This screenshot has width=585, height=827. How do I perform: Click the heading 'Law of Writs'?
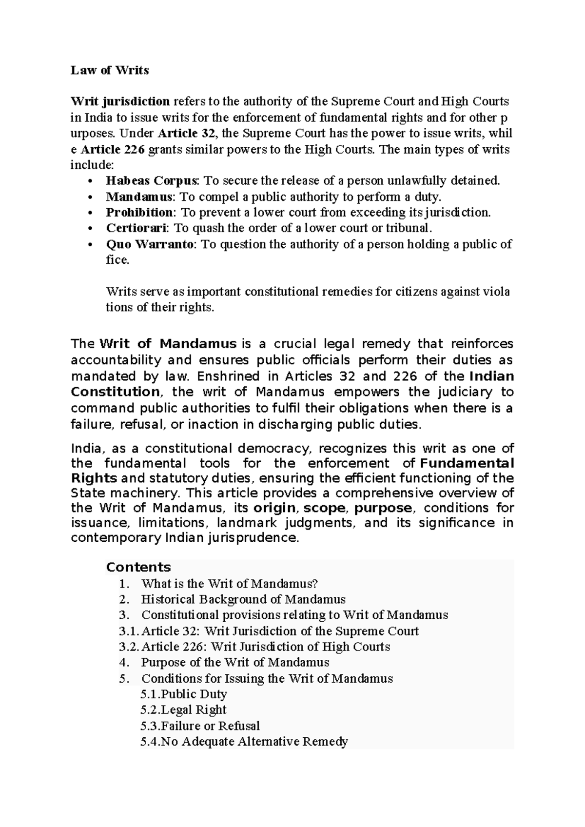pyautogui.click(x=110, y=70)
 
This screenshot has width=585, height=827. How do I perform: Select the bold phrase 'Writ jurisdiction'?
pyautogui.click(x=120, y=101)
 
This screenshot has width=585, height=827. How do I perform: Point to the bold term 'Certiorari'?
pyautogui.click(x=137, y=228)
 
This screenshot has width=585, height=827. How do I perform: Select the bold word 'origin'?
pyautogui.click(x=274, y=508)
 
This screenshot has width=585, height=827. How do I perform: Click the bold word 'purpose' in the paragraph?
pyautogui.click(x=383, y=508)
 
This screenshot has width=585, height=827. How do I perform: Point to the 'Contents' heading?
pyautogui.click(x=138, y=567)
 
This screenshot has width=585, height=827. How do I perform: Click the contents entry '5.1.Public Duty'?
pyautogui.click(x=184, y=694)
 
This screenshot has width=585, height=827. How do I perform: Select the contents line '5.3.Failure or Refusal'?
pyautogui.click(x=200, y=726)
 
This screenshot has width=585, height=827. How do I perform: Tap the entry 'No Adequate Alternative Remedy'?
pyautogui.click(x=254, y=742)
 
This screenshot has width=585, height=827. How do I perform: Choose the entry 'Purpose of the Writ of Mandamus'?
pyautogui.click(x=235, y=662)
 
